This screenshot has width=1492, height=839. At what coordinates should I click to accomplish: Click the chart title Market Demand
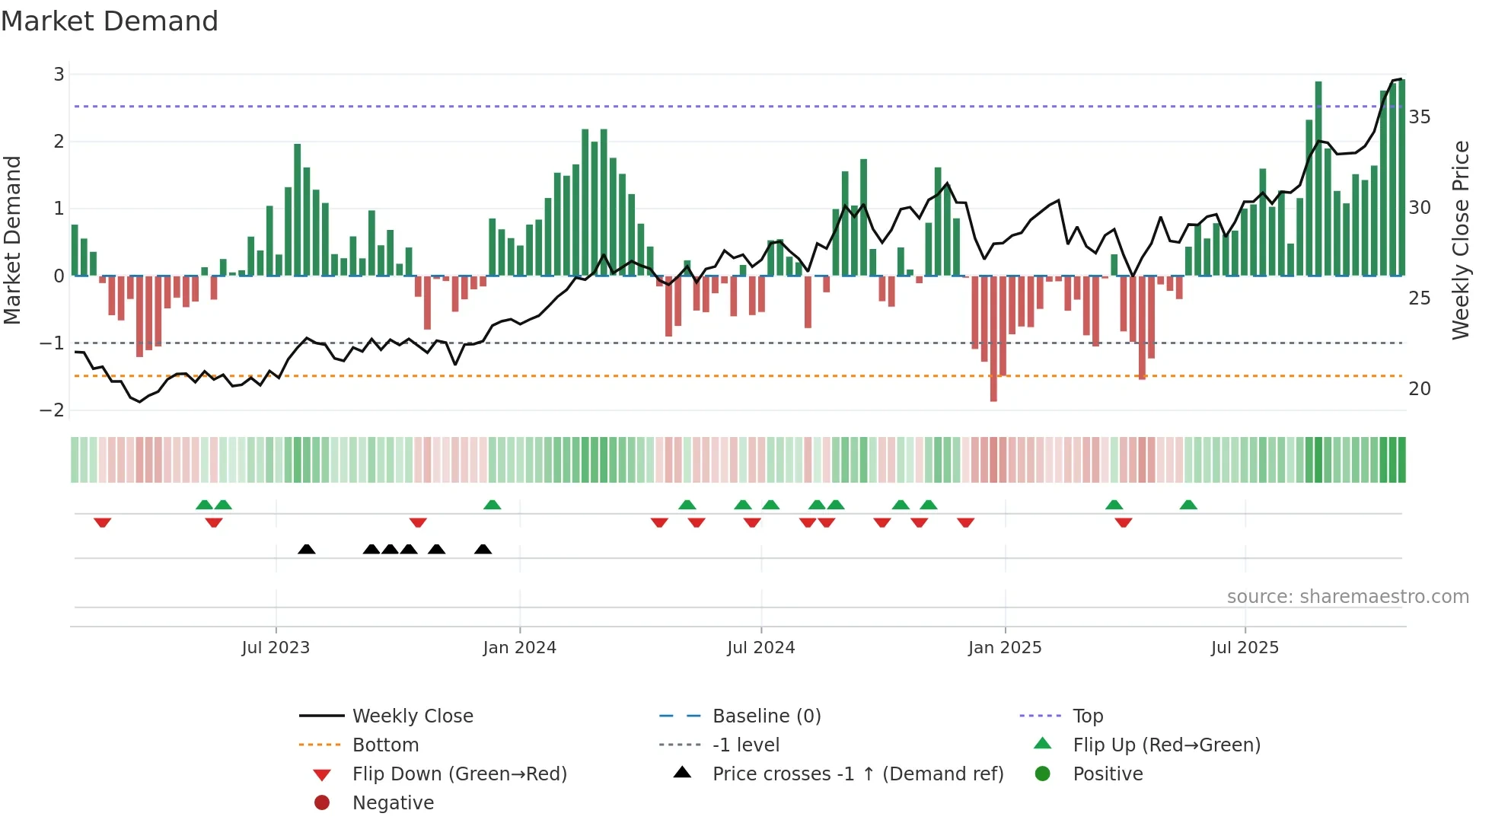pos(110,21)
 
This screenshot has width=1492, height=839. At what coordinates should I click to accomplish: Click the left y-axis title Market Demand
pos(13,240)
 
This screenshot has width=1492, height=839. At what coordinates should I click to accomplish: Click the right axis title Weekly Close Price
pos(1460,240)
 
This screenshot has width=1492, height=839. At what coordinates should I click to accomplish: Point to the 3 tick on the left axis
pos(59,75)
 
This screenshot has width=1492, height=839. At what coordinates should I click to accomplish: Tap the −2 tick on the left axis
pos(53,410)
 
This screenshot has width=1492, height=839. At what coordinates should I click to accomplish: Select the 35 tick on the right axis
pos(1419,117)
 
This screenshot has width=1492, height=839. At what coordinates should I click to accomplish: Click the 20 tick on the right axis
pos(1419,389)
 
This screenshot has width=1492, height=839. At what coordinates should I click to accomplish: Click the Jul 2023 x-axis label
pos(276,648)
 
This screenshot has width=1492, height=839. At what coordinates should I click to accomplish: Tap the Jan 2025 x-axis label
pos(1005,648)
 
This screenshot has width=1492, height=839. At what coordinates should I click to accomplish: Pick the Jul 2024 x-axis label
pos(760,648)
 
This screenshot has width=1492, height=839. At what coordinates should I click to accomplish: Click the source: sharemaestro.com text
pos(1347,597)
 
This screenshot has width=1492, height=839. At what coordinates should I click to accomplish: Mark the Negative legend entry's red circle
pos(322,803)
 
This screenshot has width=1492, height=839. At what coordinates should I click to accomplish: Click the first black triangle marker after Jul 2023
pos(307,550)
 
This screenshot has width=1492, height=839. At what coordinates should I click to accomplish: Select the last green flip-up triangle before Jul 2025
pos(1188,505)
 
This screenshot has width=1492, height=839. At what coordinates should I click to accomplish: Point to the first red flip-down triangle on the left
pos(103,522)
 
